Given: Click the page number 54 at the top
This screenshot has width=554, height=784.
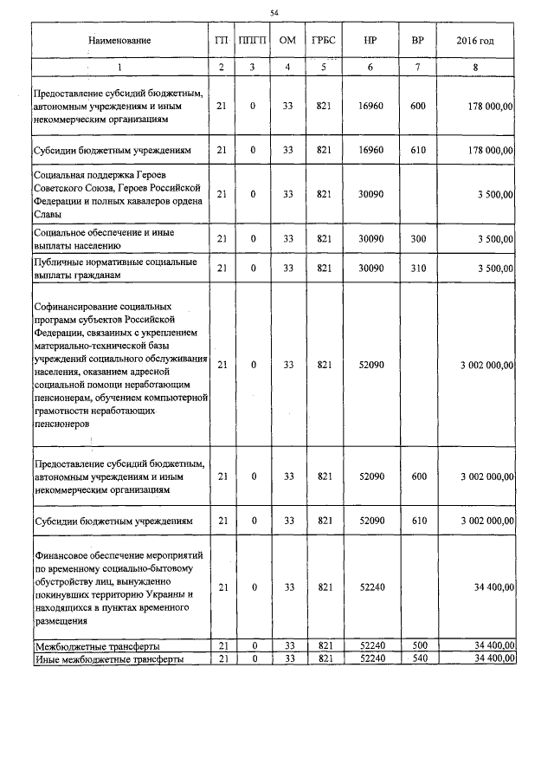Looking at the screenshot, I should click(x=274, y=12).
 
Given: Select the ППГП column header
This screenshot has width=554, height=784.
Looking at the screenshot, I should click(x=252, y=41).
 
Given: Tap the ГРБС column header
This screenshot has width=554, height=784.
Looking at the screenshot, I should click(x=325, y=41).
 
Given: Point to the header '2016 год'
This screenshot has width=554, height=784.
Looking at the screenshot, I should click(x=481, y=41).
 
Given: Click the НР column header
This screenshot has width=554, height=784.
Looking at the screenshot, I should click(x=370, y=41).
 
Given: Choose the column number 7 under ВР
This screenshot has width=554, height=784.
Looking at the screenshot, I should click(x=418, y=67).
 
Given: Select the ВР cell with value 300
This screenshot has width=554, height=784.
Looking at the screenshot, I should click(x=418, y=238).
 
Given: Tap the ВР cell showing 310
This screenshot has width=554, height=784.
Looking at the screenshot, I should click(x=418, y=269).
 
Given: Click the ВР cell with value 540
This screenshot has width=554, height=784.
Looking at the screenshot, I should click(x=418, y=658).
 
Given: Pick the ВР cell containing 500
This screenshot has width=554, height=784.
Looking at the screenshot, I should click(x=418, y=646).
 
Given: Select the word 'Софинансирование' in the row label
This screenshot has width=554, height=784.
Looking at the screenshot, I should click(x=78, y=307).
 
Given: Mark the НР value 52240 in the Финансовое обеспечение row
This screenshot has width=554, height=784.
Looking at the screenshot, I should click(x=370, y=586).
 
